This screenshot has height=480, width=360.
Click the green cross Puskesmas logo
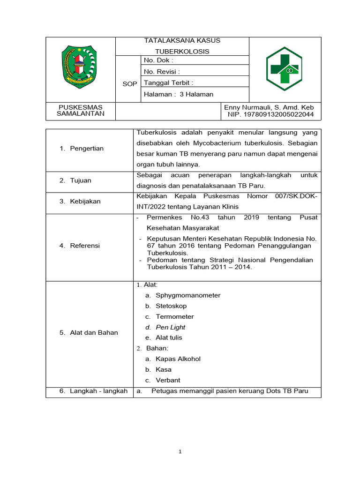point(284,69)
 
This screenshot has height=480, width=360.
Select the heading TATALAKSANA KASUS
point(182,40)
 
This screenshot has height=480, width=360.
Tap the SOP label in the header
point(130,83)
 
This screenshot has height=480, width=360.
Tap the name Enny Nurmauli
point(270,107)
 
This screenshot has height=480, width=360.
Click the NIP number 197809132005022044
point(271,114)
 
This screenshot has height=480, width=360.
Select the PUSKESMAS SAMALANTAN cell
point(81,111)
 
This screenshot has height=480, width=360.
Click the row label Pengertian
point(86,148)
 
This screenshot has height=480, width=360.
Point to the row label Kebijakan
point(85,201)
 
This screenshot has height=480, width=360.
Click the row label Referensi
point(85,245)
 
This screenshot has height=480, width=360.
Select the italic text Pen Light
point(170,327)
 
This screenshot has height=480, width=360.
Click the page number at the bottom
point(180,452)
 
